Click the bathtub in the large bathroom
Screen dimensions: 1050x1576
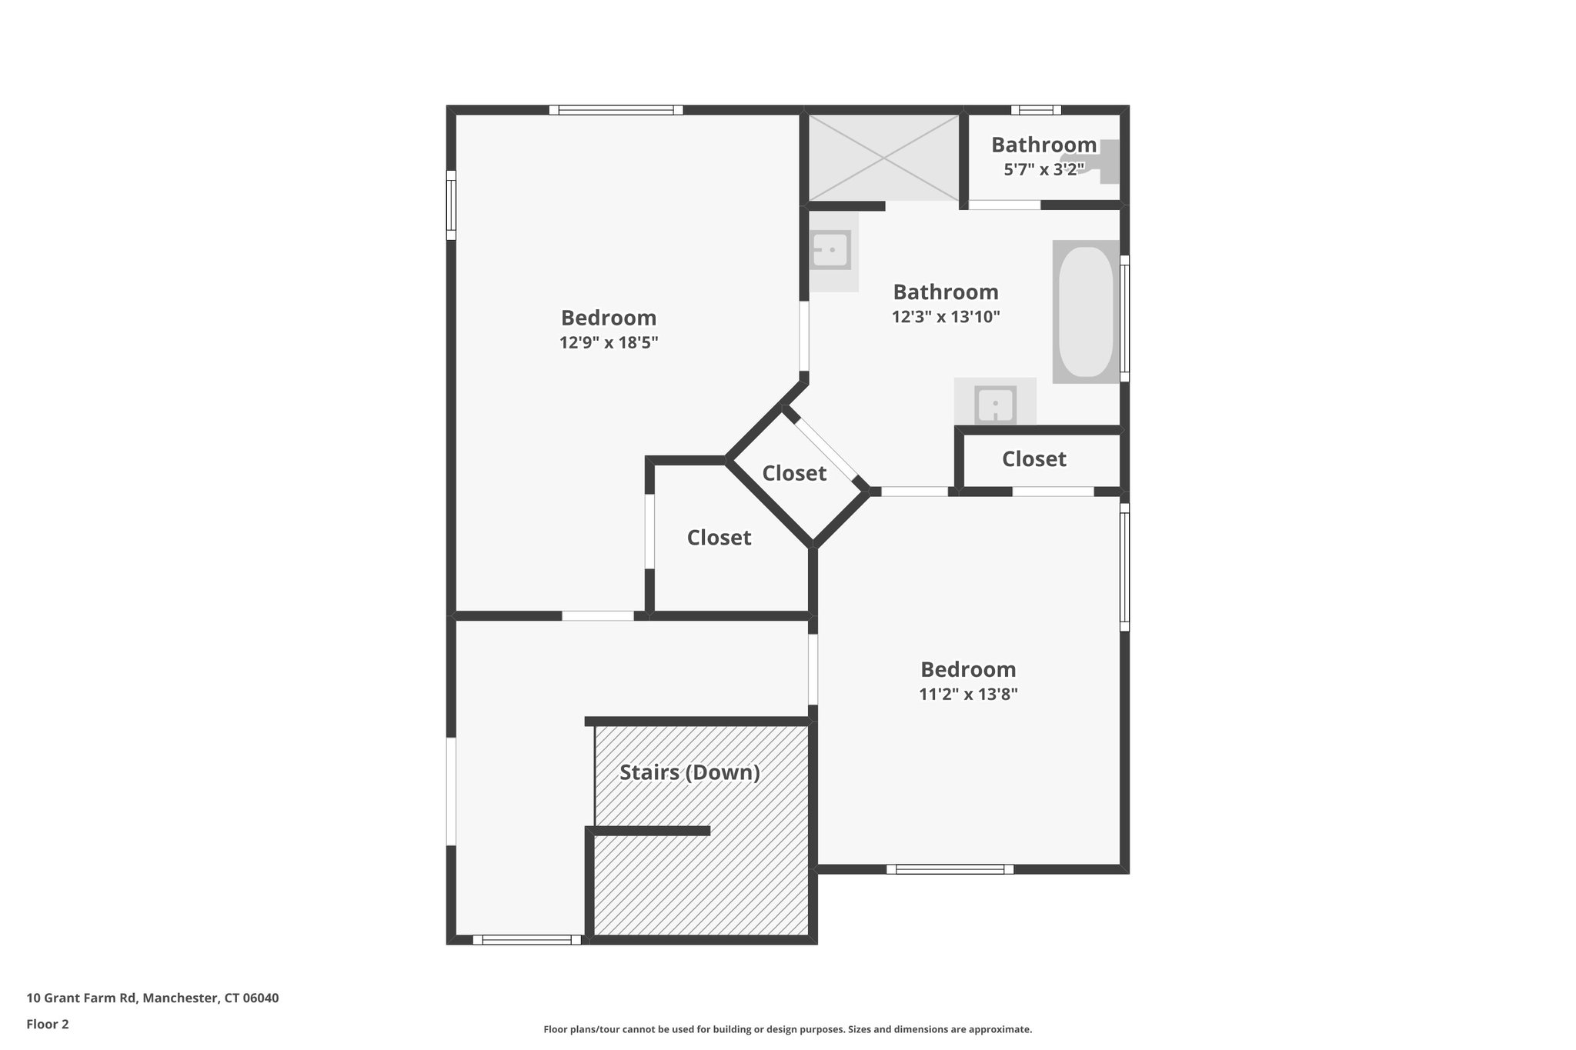(1086, 312)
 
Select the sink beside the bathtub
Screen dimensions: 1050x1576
(995, 403)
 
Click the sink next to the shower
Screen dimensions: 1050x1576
(830, 250)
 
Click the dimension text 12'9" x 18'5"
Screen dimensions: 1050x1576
(609, 343)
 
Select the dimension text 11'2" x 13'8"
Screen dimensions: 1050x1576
(968, 695)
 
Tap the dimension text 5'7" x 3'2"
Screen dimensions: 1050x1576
(1043, 169)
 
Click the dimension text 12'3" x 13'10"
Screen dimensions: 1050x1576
(946, 317)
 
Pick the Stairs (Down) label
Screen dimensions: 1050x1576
(689, 772)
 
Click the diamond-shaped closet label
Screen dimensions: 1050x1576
(794, 473)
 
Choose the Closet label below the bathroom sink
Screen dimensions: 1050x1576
(1033, 459)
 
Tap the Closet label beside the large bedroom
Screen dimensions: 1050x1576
(719, 538)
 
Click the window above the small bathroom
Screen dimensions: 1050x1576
(1035, 110)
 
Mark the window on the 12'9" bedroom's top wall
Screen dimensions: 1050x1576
(616, 110)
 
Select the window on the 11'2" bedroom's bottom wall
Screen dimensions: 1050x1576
(950, 869)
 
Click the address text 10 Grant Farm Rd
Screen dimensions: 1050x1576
(152, 998)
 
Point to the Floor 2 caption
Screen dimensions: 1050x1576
(48, 1024)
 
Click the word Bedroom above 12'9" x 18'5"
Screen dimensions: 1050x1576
(609, 318)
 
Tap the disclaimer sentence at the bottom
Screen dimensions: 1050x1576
(787, 1029)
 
